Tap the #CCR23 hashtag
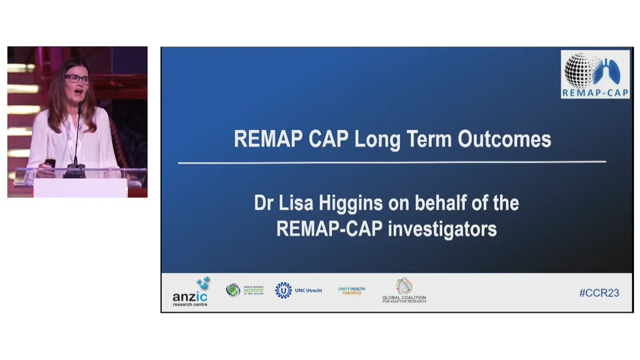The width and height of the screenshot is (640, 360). coord(599,293)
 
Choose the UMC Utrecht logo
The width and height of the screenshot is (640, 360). coord(298,290)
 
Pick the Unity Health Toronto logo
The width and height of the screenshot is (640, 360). coord(351,291)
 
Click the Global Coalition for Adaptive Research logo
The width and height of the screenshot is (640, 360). coord(404,291)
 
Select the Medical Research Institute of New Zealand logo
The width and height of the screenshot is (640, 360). coord(245,290)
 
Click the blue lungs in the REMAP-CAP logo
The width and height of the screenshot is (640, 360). coord(609,69)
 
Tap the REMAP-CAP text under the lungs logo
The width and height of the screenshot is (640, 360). coord(595,92)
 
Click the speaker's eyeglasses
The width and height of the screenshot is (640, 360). coord(77,79)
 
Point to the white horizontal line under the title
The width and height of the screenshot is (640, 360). coord(392,162)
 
